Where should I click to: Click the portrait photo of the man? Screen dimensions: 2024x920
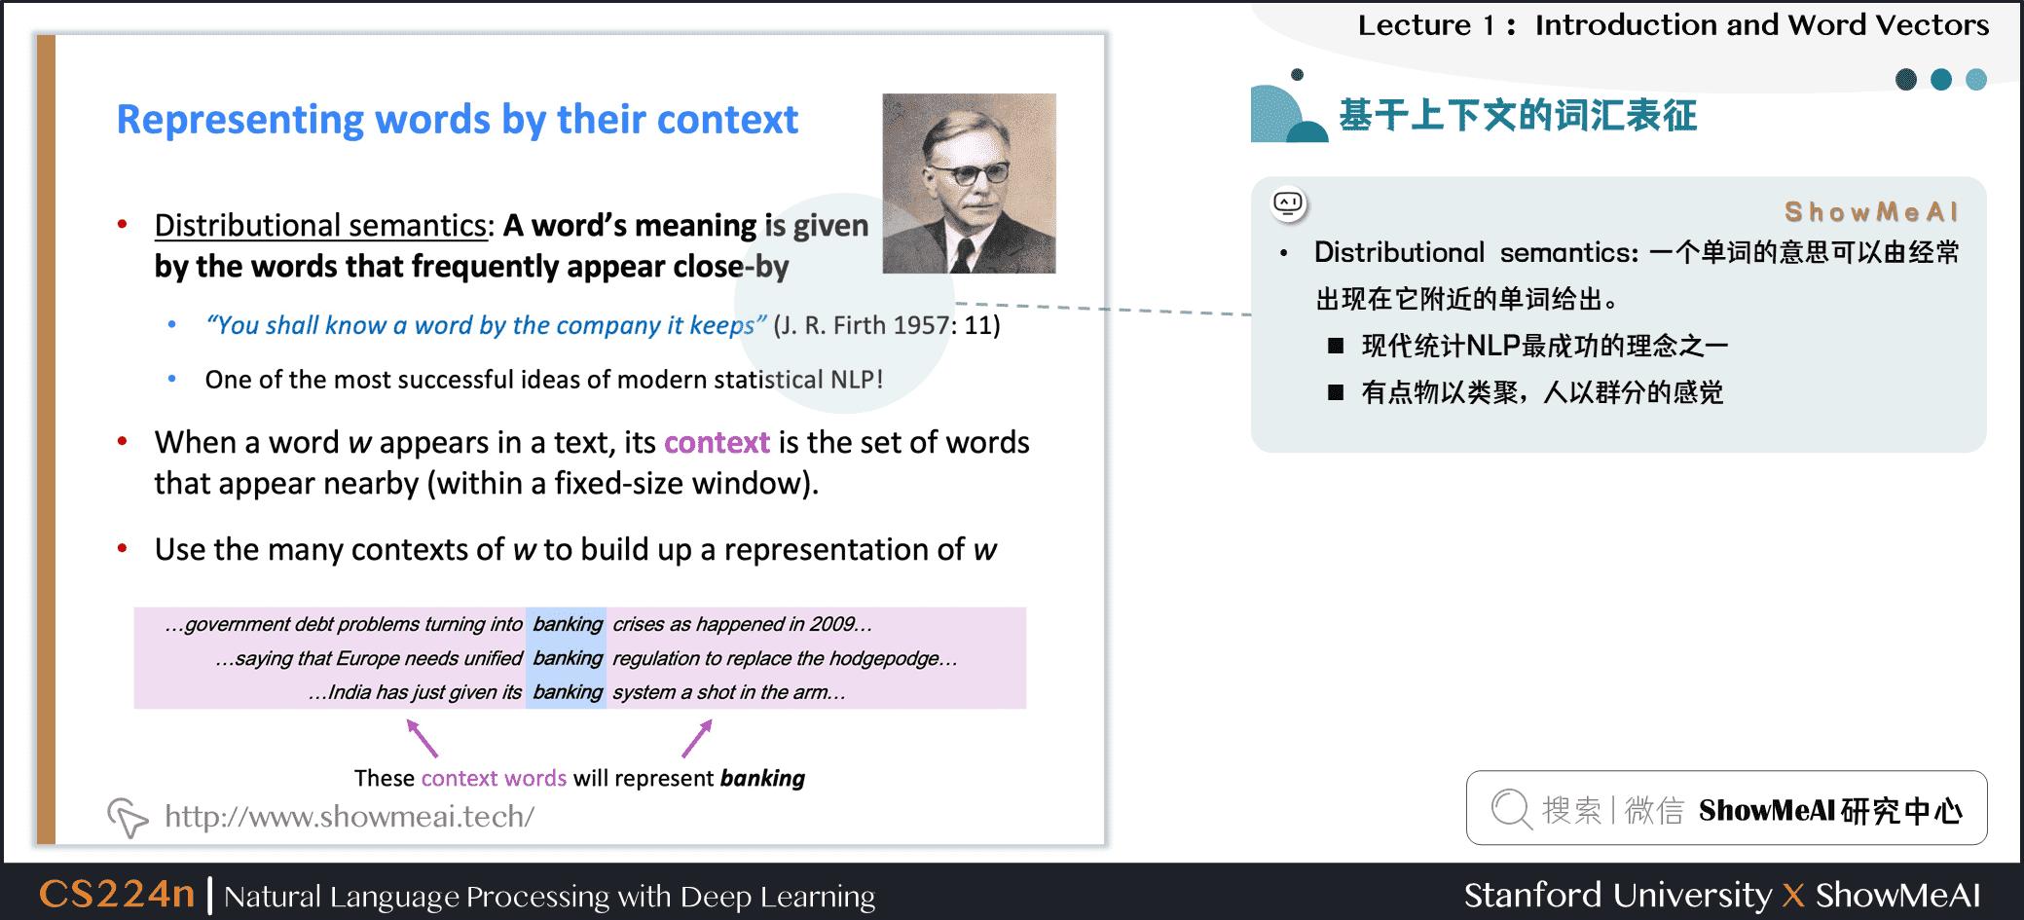tap(969, 183)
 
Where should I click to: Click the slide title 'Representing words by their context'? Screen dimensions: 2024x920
tap(457, 120)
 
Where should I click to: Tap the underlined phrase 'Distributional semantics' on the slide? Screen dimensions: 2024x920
tap(320, 225)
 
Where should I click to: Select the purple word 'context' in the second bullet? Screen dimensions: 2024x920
tap(717, 443)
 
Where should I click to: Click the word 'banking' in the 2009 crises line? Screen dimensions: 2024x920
tap(568, 624)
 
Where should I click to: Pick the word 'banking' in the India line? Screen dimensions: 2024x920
tap(568, 692)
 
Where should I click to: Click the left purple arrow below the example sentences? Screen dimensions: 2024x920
tap(422, 738)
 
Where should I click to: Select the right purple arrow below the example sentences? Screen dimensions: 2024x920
tap(697, 738)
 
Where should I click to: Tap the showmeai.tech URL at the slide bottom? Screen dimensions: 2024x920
tap(350, 816)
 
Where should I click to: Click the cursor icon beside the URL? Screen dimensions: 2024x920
tap(128, 818)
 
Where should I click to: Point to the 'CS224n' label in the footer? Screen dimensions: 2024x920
tap(117, 894)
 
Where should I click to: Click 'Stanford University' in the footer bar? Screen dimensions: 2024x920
tap(1617, 895)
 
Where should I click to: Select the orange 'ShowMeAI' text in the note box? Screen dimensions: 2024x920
tap(1870, 212)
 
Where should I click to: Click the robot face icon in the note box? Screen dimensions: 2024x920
tap(1288, 203)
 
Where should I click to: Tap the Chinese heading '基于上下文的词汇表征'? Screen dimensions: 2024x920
tap(1518, 116)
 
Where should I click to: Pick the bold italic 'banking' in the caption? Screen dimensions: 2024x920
tap(762, 779)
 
